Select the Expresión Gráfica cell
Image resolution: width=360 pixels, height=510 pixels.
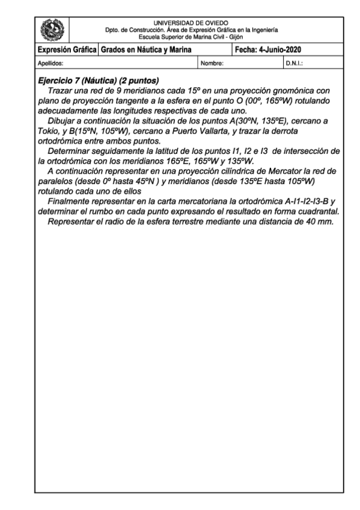(x=67, y=49)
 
